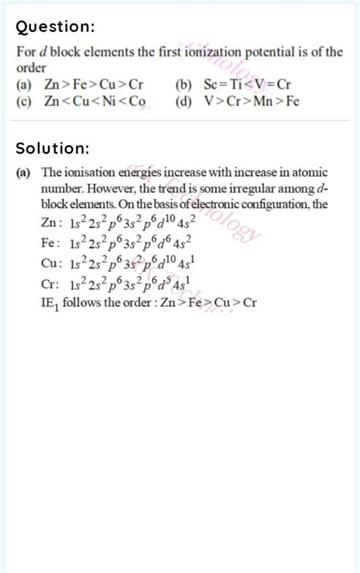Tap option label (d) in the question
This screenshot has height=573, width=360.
tap(182, 101)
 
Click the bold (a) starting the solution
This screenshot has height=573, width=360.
tap(24, 173)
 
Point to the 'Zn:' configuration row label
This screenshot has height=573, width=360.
tap(50, 223)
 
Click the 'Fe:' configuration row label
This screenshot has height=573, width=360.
tap(49, 243)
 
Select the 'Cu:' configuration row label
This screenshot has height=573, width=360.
tap(50, 264)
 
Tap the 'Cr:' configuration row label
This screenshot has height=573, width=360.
tap(49, 284)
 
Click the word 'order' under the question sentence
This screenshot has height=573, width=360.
tap(30, 68)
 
